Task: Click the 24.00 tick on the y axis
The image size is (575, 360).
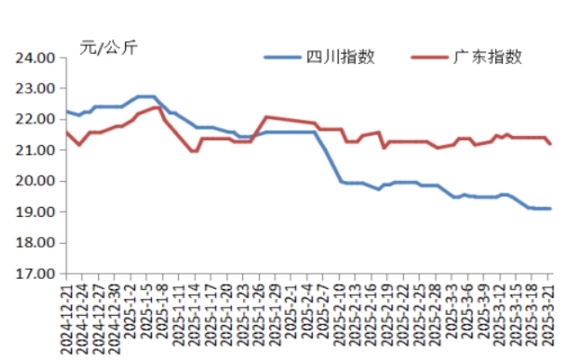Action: [x=37, y=58]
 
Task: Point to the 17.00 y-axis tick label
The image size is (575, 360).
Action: [x=37, y=274]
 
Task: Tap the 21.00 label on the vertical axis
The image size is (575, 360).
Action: [x=37, y=150]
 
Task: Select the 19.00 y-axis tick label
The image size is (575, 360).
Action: [x=37, y=212]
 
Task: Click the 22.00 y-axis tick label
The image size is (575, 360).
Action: [x=37, y=120]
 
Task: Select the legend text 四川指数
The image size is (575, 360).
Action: [x=340, y=57]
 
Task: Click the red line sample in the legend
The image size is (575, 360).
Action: [x=430, y=58]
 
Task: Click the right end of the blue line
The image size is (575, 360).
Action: [x=551, y=208]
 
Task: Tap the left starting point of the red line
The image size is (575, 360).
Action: [x=67, y=132]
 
